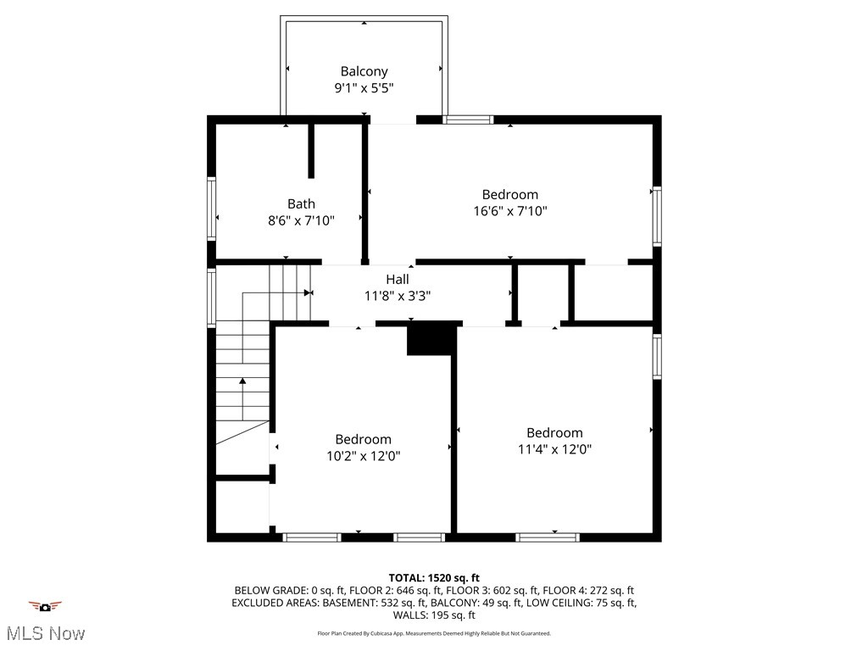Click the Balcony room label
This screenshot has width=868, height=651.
coord(364,72)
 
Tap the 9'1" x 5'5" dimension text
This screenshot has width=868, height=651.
coord(364,88)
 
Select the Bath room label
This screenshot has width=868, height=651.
coord(301,203)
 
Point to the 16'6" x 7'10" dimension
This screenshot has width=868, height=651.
coord(509,211)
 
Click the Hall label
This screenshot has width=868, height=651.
coord(398,279)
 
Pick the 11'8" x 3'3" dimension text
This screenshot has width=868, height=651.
coord(398,296)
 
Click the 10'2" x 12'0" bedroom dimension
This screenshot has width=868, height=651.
coord(364,455)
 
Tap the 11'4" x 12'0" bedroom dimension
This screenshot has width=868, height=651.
coord(554,449)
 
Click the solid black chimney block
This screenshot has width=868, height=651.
coord(431,339)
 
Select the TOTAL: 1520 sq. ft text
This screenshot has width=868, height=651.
coord(434,578)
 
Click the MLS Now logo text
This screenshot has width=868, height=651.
coord(45,633)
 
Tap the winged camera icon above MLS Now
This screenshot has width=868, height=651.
coord(45,606)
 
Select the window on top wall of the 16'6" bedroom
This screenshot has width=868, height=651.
coord(469,120)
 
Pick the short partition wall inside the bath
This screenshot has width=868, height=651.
coord(312,151)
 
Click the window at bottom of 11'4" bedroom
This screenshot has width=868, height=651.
coord(548,537)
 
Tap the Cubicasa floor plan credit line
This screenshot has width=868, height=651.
coord(434,633)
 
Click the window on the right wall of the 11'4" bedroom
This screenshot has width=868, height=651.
coord(657,356)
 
